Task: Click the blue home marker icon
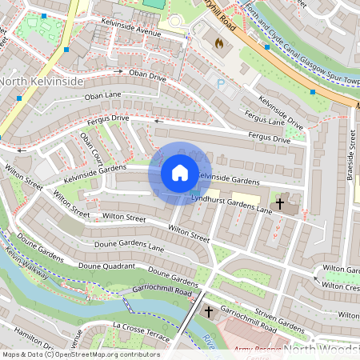pos(180,173)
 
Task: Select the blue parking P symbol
pos(221,83)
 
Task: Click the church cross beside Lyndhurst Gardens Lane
pos(280,204)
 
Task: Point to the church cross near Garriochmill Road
pos(210,310)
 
